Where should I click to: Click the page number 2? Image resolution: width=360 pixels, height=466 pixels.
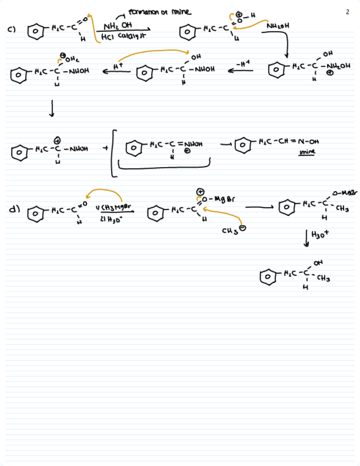click(348, 11)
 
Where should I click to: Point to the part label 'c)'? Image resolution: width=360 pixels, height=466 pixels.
click(11, 30)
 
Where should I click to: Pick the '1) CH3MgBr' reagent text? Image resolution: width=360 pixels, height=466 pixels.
click(113, 207)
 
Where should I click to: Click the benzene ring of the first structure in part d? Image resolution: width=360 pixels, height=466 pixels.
click(34, 212)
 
